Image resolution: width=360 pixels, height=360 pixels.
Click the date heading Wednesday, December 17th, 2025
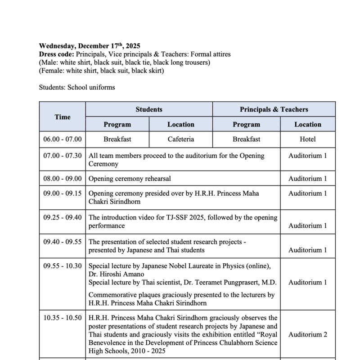[90, 46]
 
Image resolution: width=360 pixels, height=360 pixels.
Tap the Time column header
[63, 117]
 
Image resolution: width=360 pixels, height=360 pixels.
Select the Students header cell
[149, 109]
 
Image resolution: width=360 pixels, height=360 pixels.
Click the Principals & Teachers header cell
[274, 109]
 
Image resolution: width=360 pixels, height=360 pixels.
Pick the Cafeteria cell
[180, 139]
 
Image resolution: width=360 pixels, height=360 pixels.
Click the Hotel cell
[308, 139]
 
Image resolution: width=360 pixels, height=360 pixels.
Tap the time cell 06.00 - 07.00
[63, 139]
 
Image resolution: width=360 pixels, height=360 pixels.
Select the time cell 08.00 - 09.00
[63, 179]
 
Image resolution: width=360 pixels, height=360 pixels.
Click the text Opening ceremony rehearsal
[130, 179]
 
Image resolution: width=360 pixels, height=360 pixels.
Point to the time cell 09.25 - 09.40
[63, 217]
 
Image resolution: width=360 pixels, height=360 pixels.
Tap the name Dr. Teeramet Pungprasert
[221, 282]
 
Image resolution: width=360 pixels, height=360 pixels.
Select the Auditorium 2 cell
[308, 334]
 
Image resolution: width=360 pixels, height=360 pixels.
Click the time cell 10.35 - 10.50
[63, 318]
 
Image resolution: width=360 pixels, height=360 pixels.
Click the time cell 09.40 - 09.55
[63, 242]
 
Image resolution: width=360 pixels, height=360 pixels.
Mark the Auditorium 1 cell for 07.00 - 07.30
[308, 156]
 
